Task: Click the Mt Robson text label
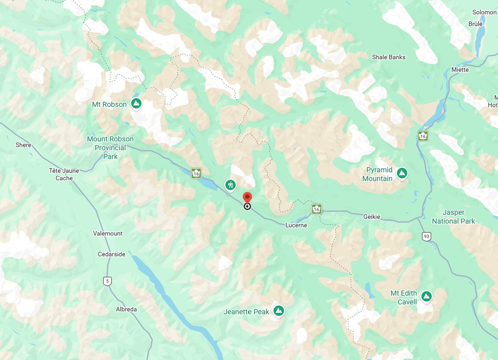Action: pyautogui.click(x=109, y=105)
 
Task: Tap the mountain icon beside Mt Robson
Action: pyautogui.click(x=136, y=103)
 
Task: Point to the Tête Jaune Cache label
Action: pyautogui.click(x=64, y=174)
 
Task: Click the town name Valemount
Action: pyautogui.click(x=108, y=234)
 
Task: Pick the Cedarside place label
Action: pyautogui.click(x=111, y=254)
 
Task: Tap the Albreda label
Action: pyautogui.click(x=126, y=309)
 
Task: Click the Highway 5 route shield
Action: pyautogui.click(x=107, y=281)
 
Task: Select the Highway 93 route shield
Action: pyautogui.click(x=426, y=236)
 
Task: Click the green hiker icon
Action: pyautogui.click(x=230, y=185)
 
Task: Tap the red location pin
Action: pyautogui.click(x=247, y=198)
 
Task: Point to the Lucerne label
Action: pyautogui.click(x=296, y=225)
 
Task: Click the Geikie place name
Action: pyautogui.click(x=371, y=217)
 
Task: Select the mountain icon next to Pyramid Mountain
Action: pyautogui.click(x=401, y=173)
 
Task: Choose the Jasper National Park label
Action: pyautogui.click(x=454, y=216)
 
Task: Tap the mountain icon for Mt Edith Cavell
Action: pyautogui.click(x=426, y=296)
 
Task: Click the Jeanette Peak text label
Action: pyautogui.click(x=246, y=311)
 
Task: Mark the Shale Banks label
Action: pyautogui.click(x=388, y=57)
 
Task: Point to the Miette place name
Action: pyautogui.click(x=460, y=70)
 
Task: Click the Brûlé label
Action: pyautogui.click(x=476, y=24)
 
